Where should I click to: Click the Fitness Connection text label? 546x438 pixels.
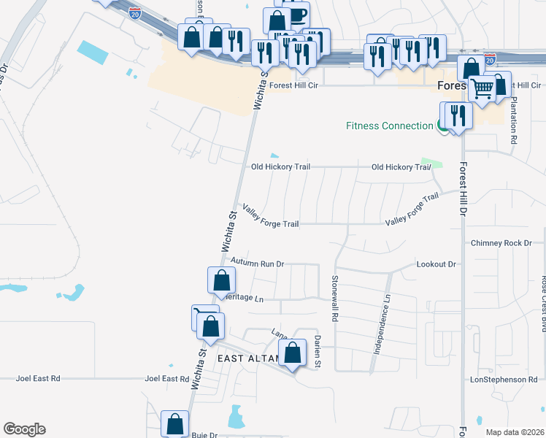click(389, 126)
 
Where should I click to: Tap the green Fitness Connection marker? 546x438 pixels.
click(442, 126)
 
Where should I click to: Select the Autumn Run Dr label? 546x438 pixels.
click(257, 261)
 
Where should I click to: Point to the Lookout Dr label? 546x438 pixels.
click(436, 264)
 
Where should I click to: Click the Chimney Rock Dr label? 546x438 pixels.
click(502, 242)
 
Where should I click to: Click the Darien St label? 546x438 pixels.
click(318, 350)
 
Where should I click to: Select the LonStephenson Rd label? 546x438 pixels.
click(504, 380)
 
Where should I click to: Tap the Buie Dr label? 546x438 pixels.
click(204, 434)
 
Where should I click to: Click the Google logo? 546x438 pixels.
click(24, 429)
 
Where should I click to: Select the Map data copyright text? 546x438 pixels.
click(515, 432)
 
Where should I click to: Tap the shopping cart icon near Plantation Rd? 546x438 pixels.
click(482, 89)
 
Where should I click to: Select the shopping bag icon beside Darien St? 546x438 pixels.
click(293, 353)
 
